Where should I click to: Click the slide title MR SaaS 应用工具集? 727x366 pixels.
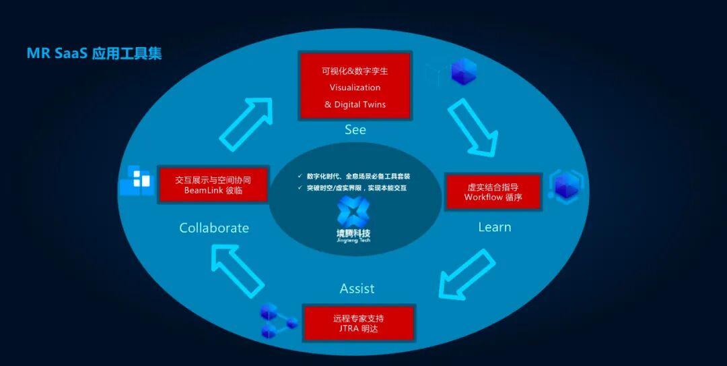pyautogui.click(x=94, y=53)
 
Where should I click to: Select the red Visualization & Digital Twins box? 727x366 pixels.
pyautogui.click(x=355, y=88)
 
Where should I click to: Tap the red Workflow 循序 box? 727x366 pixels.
pyautogui.click(x=493, y=191)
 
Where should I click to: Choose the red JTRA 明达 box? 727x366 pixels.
pyautogui.click(x=358, y=323)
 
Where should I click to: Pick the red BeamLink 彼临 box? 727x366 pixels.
pyautogui.click(x=213, y=185)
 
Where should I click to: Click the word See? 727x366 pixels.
pyautogui.click(x=355, y=130)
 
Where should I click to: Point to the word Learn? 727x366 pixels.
pyautogui.click(x=494, y=227)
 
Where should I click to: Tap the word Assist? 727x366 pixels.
pyautogui.click(x=357, y=288)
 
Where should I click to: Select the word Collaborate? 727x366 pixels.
pyautogui.click(x=214, y=228)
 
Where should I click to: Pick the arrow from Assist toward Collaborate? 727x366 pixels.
pyautogui.click(x=237, y=270)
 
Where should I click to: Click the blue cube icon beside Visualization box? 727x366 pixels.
pyautogui.click(x=462, y=72)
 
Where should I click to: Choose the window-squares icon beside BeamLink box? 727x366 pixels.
pyautogui.click(x=137, y=180)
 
